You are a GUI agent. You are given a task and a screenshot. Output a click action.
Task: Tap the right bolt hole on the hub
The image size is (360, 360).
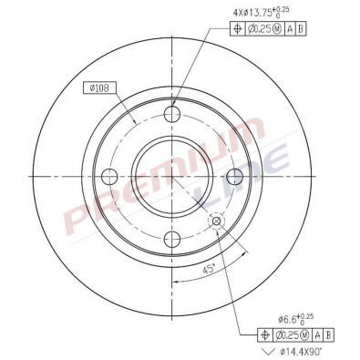pyautogui.click(x=233, y=176)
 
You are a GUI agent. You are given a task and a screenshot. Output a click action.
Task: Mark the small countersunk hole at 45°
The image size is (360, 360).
pyautogui.click(x=216, y=221)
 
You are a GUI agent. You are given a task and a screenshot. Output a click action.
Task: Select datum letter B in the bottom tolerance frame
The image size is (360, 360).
pyautogui.click(x=328, y=334)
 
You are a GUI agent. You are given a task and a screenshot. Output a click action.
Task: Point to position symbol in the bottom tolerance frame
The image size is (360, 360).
pyautogui.click(x=265, y=334)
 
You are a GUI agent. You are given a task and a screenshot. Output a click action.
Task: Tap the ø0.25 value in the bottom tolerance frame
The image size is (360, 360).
pyautogui.click(x=291, y=334)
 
